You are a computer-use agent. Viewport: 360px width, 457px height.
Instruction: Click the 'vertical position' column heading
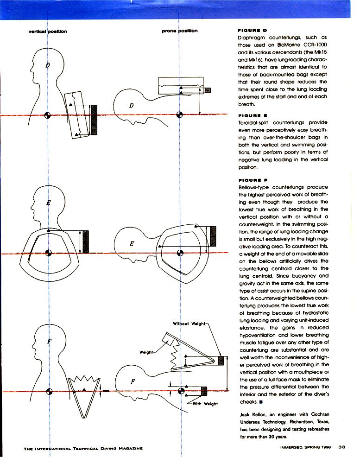pos(48,32)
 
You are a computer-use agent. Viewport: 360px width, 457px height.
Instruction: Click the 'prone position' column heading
pos(180,31)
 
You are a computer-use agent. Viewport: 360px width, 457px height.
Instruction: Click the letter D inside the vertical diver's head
pos(47,64)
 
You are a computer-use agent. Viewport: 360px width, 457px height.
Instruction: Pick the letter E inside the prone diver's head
pos(132,245)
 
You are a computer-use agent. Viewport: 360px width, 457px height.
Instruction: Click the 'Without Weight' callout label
pos(188,323)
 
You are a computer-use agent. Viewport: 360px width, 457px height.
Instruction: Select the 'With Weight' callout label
pos(205,404)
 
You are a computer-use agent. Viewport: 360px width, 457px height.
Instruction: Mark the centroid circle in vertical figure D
pos(47,115)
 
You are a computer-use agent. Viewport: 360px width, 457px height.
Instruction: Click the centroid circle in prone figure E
pos(180,253)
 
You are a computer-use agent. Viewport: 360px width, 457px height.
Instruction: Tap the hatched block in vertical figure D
pos(94,120)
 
